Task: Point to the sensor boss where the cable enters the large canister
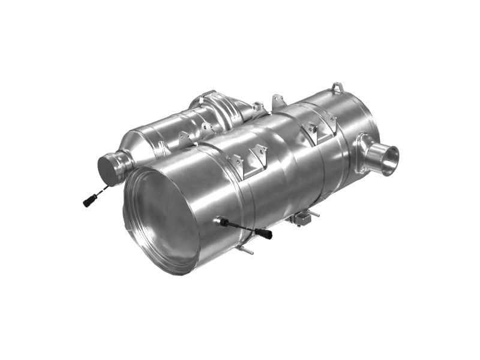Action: pos(218,221)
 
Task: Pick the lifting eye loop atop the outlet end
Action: pos(338,88)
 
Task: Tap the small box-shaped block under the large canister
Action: pos(302,219)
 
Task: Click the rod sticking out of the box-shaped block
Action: pos(313,213)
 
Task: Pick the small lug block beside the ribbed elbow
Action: pos(259,109)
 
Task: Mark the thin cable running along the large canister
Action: pos(240,227)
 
